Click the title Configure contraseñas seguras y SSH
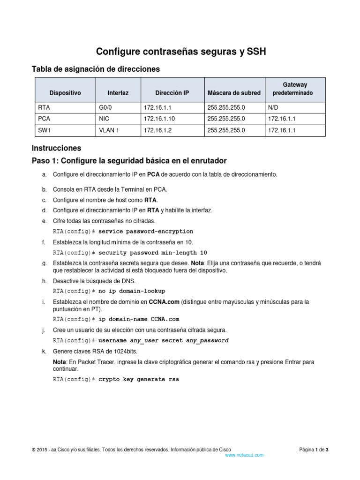[181, 52]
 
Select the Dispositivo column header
[65, 93]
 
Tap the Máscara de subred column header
[233, 93]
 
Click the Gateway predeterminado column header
[295, 89]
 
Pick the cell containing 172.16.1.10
[159, 119]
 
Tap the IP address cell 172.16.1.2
[157, 130]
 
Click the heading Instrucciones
[56, 148]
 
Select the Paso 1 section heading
[129, 161]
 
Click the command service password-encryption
[146, 232]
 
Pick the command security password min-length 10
[152, 253]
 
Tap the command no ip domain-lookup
[132, 291]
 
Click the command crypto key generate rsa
[138, 379]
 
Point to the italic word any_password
[207, 340]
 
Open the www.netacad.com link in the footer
[244, 455]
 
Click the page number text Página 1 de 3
[314, 450]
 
